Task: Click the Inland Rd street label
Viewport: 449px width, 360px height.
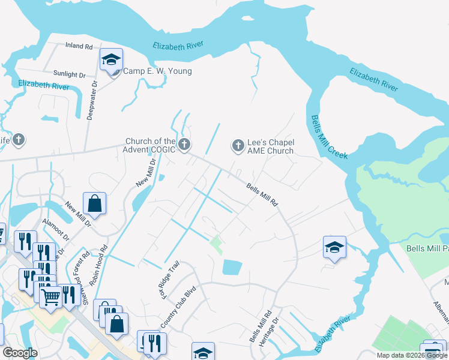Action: point(79,46)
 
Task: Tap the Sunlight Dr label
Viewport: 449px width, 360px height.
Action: point(70,74)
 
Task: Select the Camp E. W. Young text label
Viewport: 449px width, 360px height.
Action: point(157,71)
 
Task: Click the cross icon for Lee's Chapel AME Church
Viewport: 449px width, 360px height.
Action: point(238,145)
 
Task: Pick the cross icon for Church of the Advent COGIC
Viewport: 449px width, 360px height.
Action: point(184,145)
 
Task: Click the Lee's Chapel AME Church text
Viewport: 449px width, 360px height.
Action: point(271,146)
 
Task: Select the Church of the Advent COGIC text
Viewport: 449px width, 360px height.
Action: point(150,146)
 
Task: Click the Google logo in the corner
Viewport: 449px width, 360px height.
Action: point(20,352)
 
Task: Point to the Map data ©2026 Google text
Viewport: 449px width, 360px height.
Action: point(412,355)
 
